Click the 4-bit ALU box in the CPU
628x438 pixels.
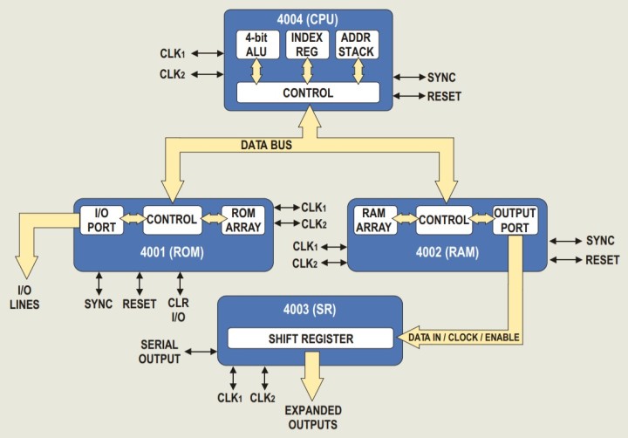[255, 44]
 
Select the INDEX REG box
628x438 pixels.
[308, 44]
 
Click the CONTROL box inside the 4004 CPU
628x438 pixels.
[308, 92]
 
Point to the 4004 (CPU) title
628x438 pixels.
[309, 19]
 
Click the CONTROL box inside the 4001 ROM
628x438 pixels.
[172, 219]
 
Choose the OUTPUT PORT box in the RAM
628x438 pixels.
[515, 219]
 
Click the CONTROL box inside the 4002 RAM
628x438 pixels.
[444, 220]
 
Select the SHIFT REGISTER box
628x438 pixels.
[309, 338]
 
